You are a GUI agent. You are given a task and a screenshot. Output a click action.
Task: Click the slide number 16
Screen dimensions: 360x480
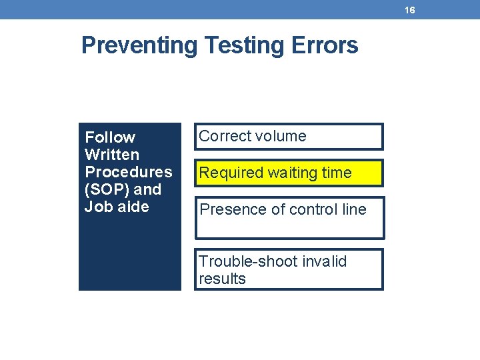409,10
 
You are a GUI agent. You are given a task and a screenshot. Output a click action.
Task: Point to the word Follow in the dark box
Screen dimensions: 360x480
110,137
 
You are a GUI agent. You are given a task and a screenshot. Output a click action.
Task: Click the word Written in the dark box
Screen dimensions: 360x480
112,155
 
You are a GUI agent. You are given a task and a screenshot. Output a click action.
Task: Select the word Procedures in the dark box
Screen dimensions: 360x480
128,172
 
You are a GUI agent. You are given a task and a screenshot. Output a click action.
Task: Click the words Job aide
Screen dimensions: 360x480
117,207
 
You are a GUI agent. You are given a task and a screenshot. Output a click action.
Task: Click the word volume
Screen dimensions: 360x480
281,137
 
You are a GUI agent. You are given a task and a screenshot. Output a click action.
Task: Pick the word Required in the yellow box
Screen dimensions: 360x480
231,173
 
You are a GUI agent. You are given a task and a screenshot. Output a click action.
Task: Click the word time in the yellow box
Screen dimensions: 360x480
337,173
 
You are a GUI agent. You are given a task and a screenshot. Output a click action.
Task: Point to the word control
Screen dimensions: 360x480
305,210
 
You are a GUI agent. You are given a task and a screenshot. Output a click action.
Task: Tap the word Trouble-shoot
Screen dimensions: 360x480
243,261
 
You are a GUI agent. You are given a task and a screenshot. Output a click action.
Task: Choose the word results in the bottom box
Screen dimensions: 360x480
222,279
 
